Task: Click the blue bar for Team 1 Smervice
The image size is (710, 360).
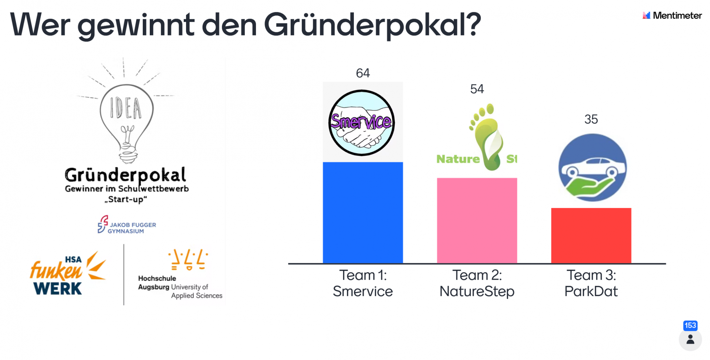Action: pos(362,213)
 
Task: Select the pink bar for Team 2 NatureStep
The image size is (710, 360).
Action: pos(477,221)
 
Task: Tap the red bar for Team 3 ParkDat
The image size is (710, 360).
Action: pos(591,236)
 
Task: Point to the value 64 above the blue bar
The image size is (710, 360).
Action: pos(362,73)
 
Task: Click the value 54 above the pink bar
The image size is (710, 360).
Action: pos(477,89)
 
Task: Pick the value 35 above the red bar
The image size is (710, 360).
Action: pos(591,120)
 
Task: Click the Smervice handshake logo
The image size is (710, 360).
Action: pos(362,122)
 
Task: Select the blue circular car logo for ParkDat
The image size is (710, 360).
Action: pos(592,168)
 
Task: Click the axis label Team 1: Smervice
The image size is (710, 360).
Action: pos(362,283)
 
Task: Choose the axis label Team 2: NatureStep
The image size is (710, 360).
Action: pos(477,283)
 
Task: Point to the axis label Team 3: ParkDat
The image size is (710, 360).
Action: pos(591,283)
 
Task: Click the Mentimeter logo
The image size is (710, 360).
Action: pos(672,16)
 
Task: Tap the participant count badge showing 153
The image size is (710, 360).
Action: pos(690,326)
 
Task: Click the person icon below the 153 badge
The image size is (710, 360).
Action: pos(690,340)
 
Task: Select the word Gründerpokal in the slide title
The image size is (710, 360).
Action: pos(372,25)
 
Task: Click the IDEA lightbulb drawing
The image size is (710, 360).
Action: pos(126,118)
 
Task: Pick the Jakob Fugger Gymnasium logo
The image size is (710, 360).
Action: pos(126,225)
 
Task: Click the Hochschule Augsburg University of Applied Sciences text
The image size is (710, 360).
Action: pos(180,287)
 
